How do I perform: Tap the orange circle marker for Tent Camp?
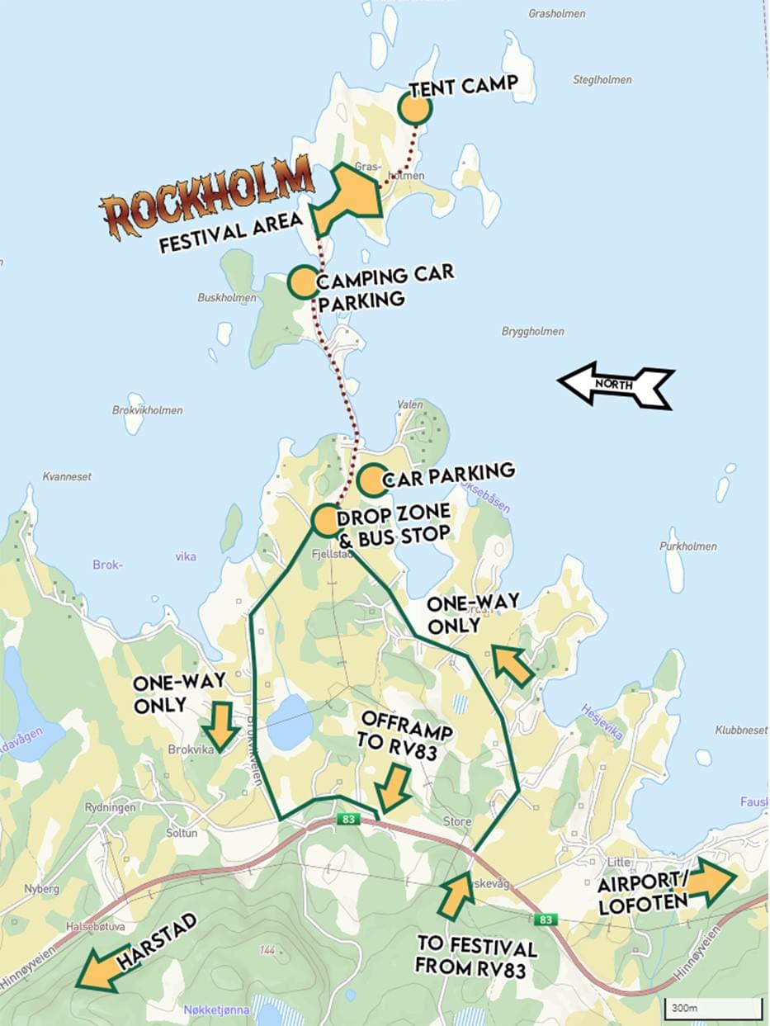(x=415, y=108)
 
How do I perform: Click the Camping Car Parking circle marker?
(x=303, y=282)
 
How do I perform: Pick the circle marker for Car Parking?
(x=372, y=480)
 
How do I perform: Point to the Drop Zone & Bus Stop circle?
(x=327, y=521)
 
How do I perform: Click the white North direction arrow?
(x=616, y=385)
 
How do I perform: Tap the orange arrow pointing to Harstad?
(x=102, y=968)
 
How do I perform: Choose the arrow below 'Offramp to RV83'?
(x=394, y=787)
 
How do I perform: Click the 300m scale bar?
(x=712, y=1008)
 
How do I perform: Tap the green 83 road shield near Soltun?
(x=348, y=819)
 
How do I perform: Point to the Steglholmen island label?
(x=602, y=80)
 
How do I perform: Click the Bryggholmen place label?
(x=532, y=332)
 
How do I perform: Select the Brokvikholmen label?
(x=147, y=410)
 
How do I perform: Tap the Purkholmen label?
(x=687, y=546)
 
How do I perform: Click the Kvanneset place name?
(x=67, y=477)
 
